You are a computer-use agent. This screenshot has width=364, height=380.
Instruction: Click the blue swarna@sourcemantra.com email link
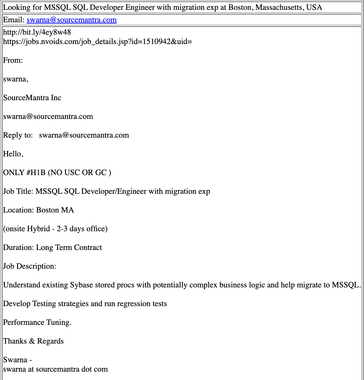coord(72,20)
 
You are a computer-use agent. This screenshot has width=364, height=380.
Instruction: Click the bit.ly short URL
coord(37,32)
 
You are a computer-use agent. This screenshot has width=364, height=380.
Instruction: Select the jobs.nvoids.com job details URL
coord(97,41)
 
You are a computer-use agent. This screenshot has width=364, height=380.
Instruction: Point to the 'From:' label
coord(13,60)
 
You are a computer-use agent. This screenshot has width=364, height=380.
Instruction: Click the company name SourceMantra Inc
coord(32,98)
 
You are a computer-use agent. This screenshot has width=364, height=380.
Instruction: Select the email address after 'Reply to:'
coord(84,135)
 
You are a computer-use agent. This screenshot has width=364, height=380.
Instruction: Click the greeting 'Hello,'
coord(13,154)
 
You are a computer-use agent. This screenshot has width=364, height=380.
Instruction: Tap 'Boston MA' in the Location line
coord(55,210)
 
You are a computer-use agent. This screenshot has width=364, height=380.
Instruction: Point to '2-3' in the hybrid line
coord(62,229)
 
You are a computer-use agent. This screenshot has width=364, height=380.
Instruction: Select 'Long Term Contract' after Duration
coord(69,247)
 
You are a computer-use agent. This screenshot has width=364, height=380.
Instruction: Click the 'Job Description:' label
coord(30,266)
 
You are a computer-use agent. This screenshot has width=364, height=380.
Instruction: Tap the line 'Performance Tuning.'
coord(37,322)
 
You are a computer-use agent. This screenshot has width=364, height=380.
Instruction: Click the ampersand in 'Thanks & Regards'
coord(32,341)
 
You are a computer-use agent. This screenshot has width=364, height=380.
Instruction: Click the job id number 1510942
coord(157,41)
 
